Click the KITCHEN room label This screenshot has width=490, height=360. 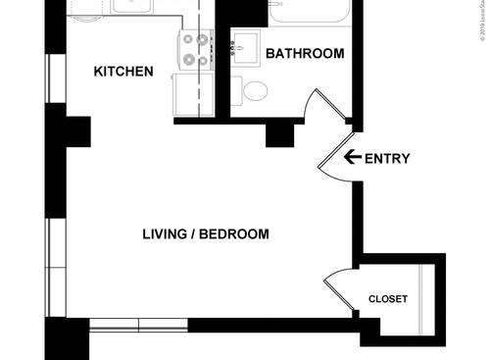123,72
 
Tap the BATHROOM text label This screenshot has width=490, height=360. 305,53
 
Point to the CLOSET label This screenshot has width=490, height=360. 388,299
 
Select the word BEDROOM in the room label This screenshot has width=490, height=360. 238,234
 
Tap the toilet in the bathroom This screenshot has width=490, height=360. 256,92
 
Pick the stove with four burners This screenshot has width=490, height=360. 195,50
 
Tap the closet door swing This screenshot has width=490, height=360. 338,290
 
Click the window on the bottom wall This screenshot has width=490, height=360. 138,325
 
